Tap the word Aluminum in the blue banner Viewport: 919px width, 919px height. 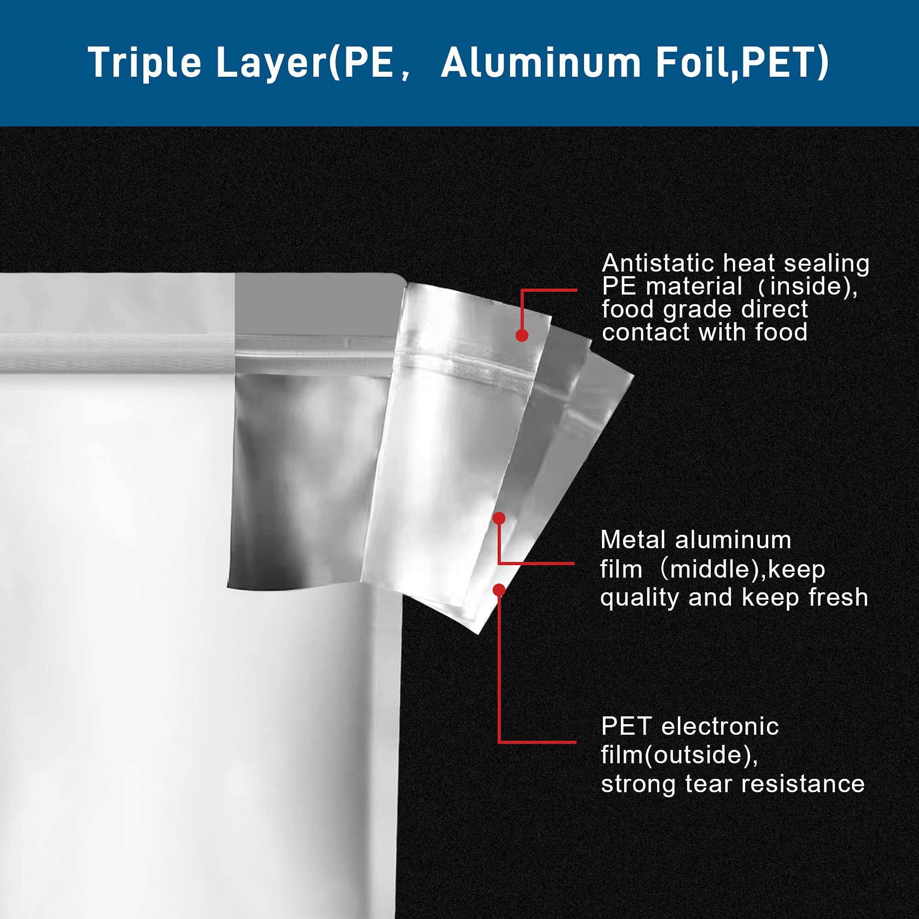pyautogui.click(x=540, y=62)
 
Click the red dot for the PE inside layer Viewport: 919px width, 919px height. pyautogui.click(x=522, y=336)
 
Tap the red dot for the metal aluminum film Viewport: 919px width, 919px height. pyautogui.click(x=499, y=518)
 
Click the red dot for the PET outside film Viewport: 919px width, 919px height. pyautogui.click(x=499, y=590)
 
